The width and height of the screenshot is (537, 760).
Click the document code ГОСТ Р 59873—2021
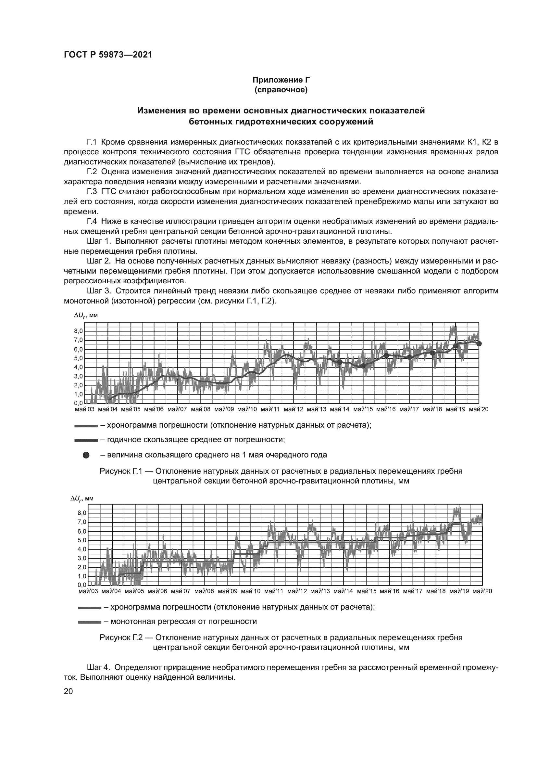[108, 55]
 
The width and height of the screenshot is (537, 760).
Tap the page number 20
[69, 691]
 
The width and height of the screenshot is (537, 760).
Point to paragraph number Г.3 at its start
[92, 192]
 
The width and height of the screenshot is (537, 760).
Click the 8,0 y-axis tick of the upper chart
[79, 331]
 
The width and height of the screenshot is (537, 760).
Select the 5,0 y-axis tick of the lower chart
[82, 540]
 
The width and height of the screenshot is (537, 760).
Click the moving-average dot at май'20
[479, 343]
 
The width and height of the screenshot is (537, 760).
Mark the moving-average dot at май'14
[340, 362]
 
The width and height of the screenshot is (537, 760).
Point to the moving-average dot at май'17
[409, 357]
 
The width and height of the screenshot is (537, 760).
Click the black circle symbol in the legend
[86, 455]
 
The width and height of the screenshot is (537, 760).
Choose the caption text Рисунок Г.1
[121, 471]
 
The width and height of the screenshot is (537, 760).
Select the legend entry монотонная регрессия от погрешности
[183, 621]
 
